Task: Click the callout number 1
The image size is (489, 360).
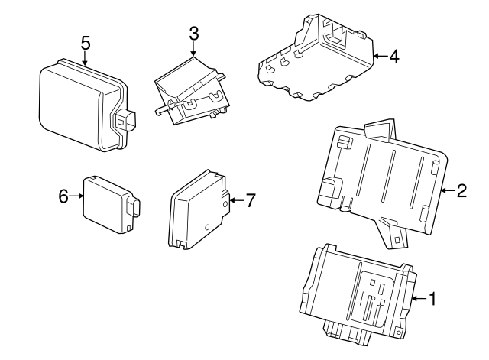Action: coord(432,299)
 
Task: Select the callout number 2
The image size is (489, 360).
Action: coord(461,190)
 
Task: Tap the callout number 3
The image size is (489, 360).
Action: coord(193,34)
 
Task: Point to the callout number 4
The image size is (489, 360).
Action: coord(393,56)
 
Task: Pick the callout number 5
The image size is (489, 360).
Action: coord(85,41)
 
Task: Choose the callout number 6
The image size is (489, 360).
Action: coord(63,196)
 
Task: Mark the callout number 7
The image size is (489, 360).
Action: coord(250,200)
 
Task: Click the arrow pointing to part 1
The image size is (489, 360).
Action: coord(418,299)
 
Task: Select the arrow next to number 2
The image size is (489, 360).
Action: coord(447,190)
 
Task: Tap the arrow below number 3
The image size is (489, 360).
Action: coord(193,50)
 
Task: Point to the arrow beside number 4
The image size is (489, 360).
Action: coord(380,56)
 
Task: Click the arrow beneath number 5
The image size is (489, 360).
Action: coord(85,58)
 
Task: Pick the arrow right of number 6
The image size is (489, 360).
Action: coord(77,196)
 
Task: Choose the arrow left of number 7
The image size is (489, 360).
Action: coord(235,200)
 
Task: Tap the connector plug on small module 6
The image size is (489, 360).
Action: coord(135,207)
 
